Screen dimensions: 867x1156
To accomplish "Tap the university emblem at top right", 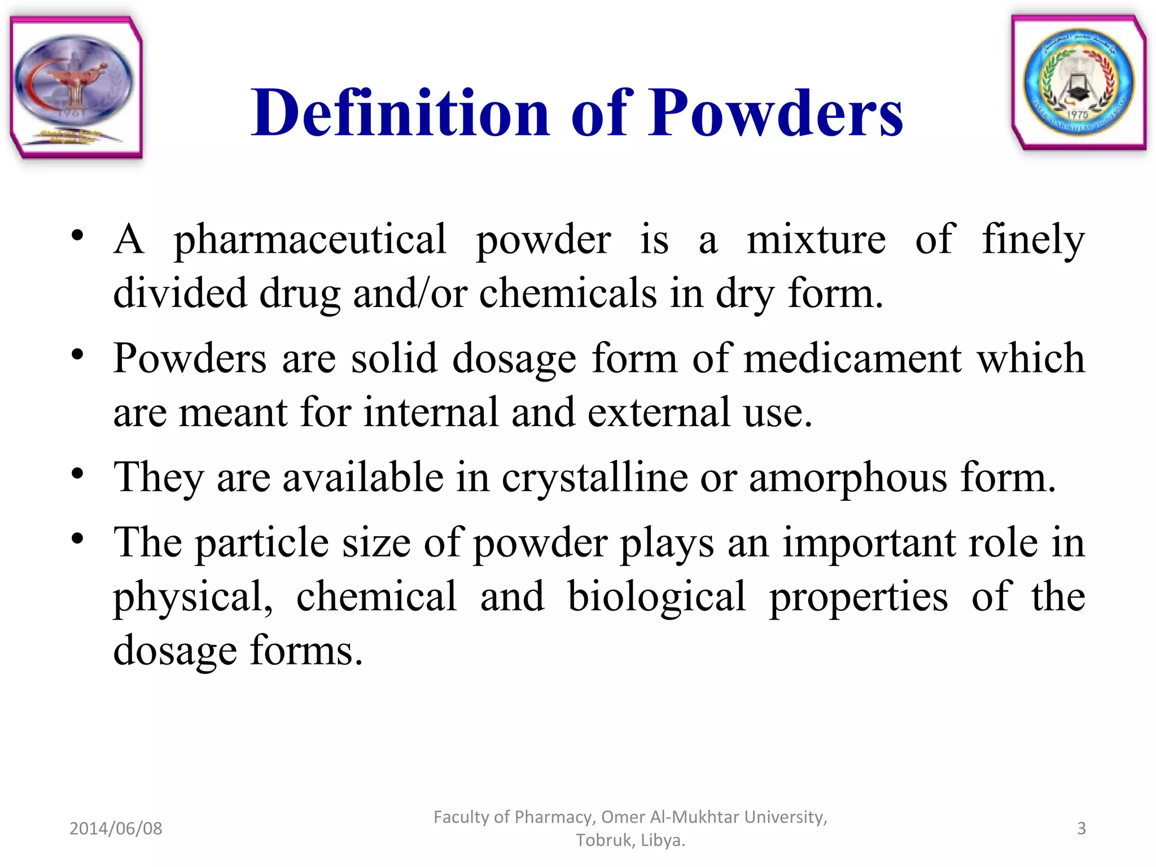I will point(1079,83).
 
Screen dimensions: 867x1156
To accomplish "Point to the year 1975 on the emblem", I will point(1077,115).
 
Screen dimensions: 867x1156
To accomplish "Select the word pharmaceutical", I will point(310,240).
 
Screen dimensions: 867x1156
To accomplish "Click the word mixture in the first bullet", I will point(816,240).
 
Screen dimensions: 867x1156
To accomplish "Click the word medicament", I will point(852,358).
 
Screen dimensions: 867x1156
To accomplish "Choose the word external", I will point(659,412).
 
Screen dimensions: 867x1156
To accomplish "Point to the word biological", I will point(656,597).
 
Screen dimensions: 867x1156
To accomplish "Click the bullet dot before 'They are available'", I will point(78,474).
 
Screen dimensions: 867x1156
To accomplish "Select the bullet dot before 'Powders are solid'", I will point(78,354).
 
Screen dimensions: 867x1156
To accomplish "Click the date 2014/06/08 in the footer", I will point(116,828).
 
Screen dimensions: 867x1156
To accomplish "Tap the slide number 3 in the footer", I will point(1081,828).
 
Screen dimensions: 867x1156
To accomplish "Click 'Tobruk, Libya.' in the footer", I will point(630,840).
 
